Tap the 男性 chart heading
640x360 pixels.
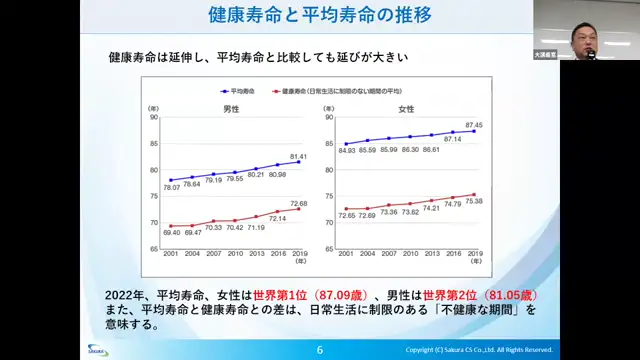(x=230, y=108)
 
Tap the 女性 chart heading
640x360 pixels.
(x=405, y=108)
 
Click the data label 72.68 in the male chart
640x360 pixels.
(x=298, y=203)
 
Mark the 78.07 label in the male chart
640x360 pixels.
(x=172, y=187)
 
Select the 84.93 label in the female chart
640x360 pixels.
(x=348, y=151)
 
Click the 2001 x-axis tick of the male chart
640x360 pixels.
(x=172, y=254)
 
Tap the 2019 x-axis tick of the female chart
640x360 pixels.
(x=475, y=254)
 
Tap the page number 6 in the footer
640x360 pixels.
(x=319, y=350)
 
